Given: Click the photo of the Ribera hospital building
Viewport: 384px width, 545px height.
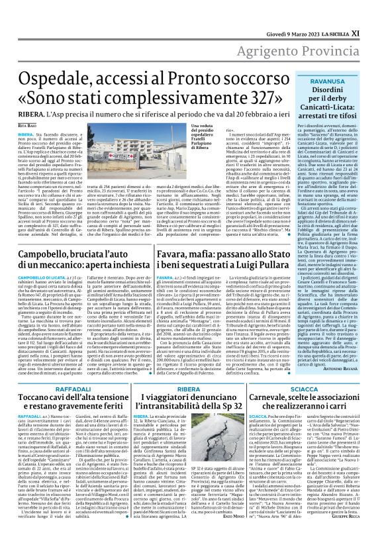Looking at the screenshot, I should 140,160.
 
